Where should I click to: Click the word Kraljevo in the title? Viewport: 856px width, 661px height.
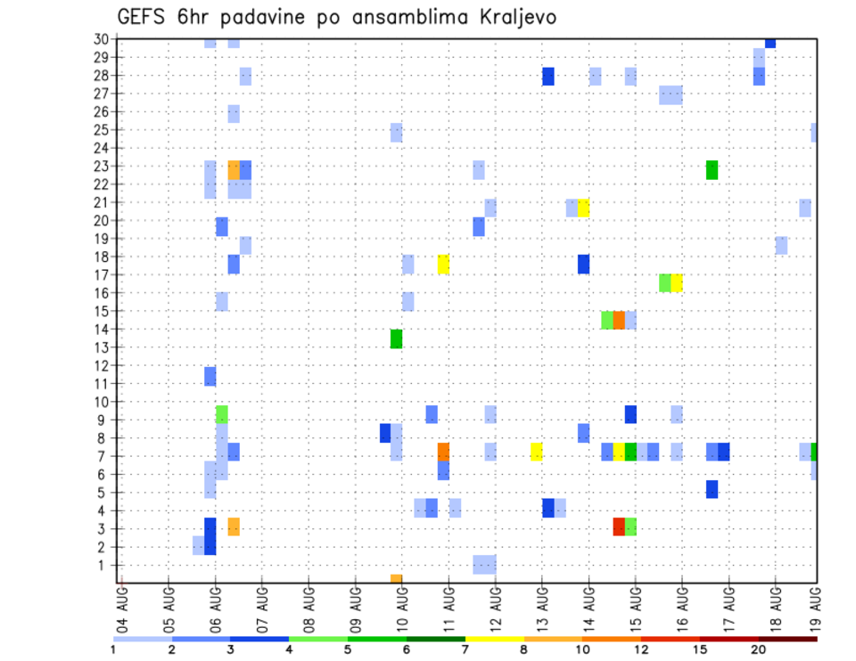[x=509, y=17]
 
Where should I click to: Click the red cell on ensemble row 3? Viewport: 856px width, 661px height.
[x=619, y=526]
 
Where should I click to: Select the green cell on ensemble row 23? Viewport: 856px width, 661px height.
[x=712, y=169]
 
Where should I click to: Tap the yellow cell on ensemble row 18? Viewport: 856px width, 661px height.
[x=443, y=264]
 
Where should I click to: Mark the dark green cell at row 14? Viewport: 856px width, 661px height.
[x=397, y=339]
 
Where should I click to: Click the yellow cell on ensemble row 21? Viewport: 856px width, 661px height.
[x=583, y=208]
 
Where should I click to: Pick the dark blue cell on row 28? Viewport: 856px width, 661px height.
[x=548, y=77]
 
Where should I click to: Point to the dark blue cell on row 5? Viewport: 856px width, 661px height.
[x=712, y=489]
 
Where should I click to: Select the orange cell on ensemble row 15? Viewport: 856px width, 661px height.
[x=619, y=320]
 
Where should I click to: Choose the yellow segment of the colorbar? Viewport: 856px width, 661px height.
[x=494, y=639]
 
